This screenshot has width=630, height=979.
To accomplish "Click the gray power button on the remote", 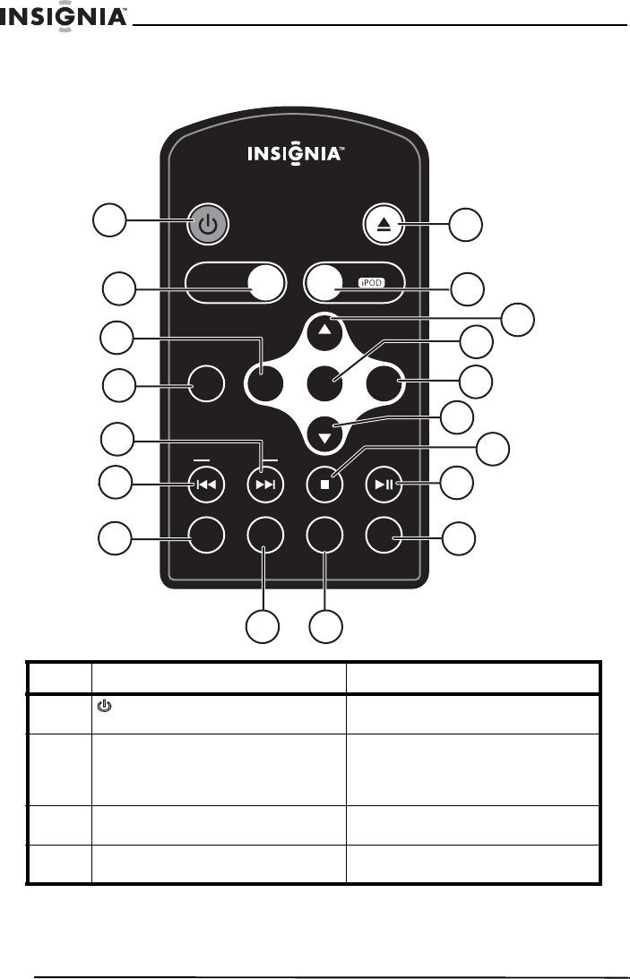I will (207, 225).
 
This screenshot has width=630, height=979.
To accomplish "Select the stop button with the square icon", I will (325, 485).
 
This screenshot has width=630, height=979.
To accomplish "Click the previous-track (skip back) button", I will (207, 485).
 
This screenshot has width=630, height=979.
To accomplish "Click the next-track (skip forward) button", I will (265, 485).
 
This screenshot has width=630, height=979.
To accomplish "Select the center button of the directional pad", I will (325, 386).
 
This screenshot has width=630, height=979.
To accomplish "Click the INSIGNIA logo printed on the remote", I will (294, 154).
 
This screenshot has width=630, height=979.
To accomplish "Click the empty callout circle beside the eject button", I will (464, 225).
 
